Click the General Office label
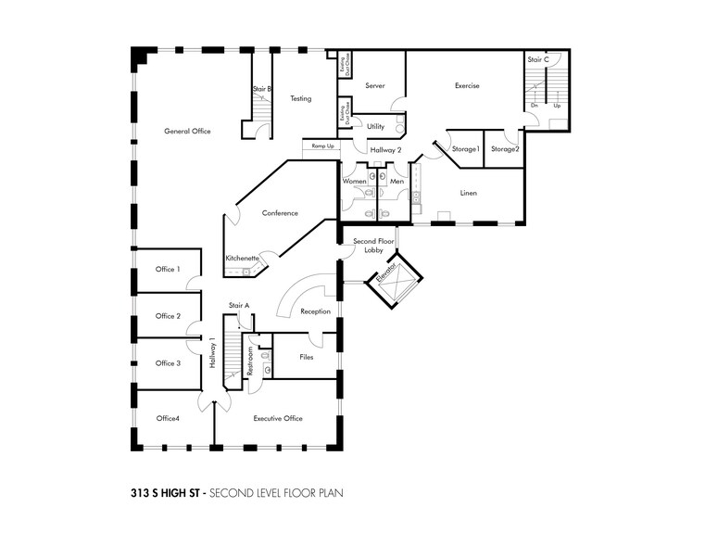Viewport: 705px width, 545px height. [x=187, y=132]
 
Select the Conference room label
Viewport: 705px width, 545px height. [x=280, y=213]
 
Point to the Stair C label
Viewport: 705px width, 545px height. [x=538, y=59]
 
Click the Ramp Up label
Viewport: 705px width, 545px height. [x=322, y=146]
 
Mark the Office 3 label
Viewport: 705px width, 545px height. [x=168, y=363]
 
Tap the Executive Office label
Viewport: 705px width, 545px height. [x=278, y=419]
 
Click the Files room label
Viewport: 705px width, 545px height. [x=306, y=357]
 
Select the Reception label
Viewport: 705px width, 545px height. [x=315, y=312]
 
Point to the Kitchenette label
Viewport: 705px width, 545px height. [x=242, y=259]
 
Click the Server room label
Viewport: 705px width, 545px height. [x=374, y=86]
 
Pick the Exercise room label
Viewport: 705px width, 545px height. [x=467, y=86]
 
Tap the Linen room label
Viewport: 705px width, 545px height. [x=469, y=193]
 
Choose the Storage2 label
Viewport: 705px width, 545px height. [x=505, y=149]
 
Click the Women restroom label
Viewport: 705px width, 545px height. [x=355, y=182]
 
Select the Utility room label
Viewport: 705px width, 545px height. [x=375, y=127]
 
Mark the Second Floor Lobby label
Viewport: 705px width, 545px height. [x=373, y=246]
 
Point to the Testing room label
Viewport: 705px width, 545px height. [x=300, y=98]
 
